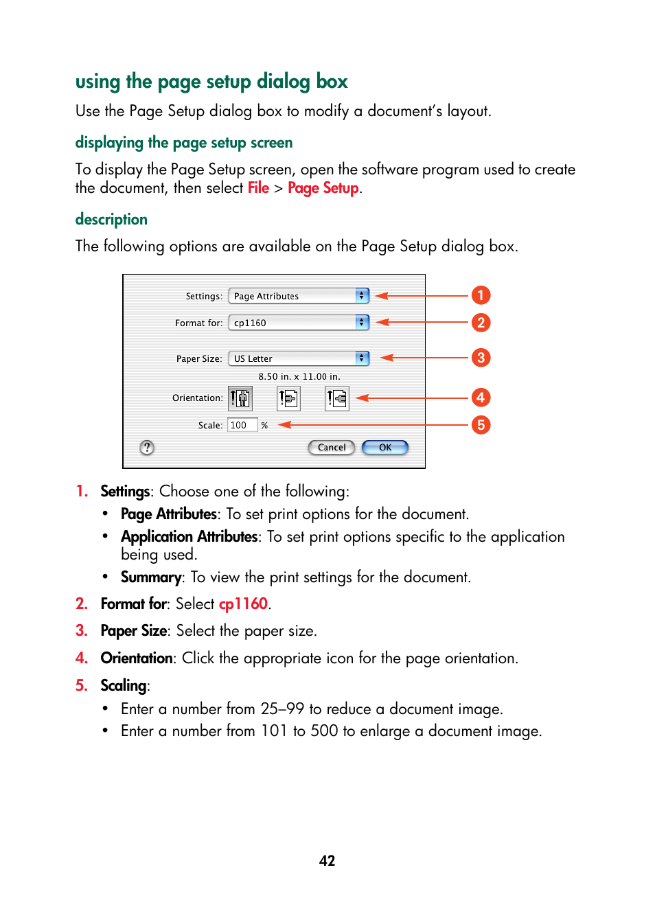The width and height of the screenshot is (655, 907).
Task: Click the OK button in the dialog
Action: [x=385, y=448]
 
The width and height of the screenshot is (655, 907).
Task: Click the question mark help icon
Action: [x=147, y=448]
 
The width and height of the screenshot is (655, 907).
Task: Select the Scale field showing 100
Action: [x=242, y=426]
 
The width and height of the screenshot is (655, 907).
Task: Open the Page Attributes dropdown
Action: [x=299, y=296]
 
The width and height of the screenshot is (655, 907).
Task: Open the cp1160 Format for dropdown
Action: [x=299, y=323]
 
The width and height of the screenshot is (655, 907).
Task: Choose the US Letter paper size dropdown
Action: [x=299, y=358]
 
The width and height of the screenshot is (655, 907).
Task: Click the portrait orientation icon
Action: [x=240, y=398]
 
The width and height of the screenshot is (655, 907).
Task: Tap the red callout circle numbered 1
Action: [x=481, y=295]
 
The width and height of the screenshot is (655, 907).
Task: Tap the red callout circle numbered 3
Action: [x=481, y=358]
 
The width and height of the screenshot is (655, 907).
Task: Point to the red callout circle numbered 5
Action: [x=481, y=425]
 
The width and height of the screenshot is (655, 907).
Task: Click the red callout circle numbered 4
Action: [x=481, y=398]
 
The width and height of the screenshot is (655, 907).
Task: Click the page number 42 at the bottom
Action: [x=327, y=861]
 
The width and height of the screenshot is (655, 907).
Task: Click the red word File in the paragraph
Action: [x=258, y=188]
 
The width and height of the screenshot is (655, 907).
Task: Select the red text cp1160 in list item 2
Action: [x=243, y=604]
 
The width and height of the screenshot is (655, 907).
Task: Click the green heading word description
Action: [x=111, y=220]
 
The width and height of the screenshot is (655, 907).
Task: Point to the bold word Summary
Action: [x=151, y=577]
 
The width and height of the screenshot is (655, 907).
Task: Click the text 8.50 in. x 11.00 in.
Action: [x=299, y=377]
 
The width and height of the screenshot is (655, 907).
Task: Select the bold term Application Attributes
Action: [x=189, y=537]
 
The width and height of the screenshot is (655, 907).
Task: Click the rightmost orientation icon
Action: [x=337, y=398]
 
